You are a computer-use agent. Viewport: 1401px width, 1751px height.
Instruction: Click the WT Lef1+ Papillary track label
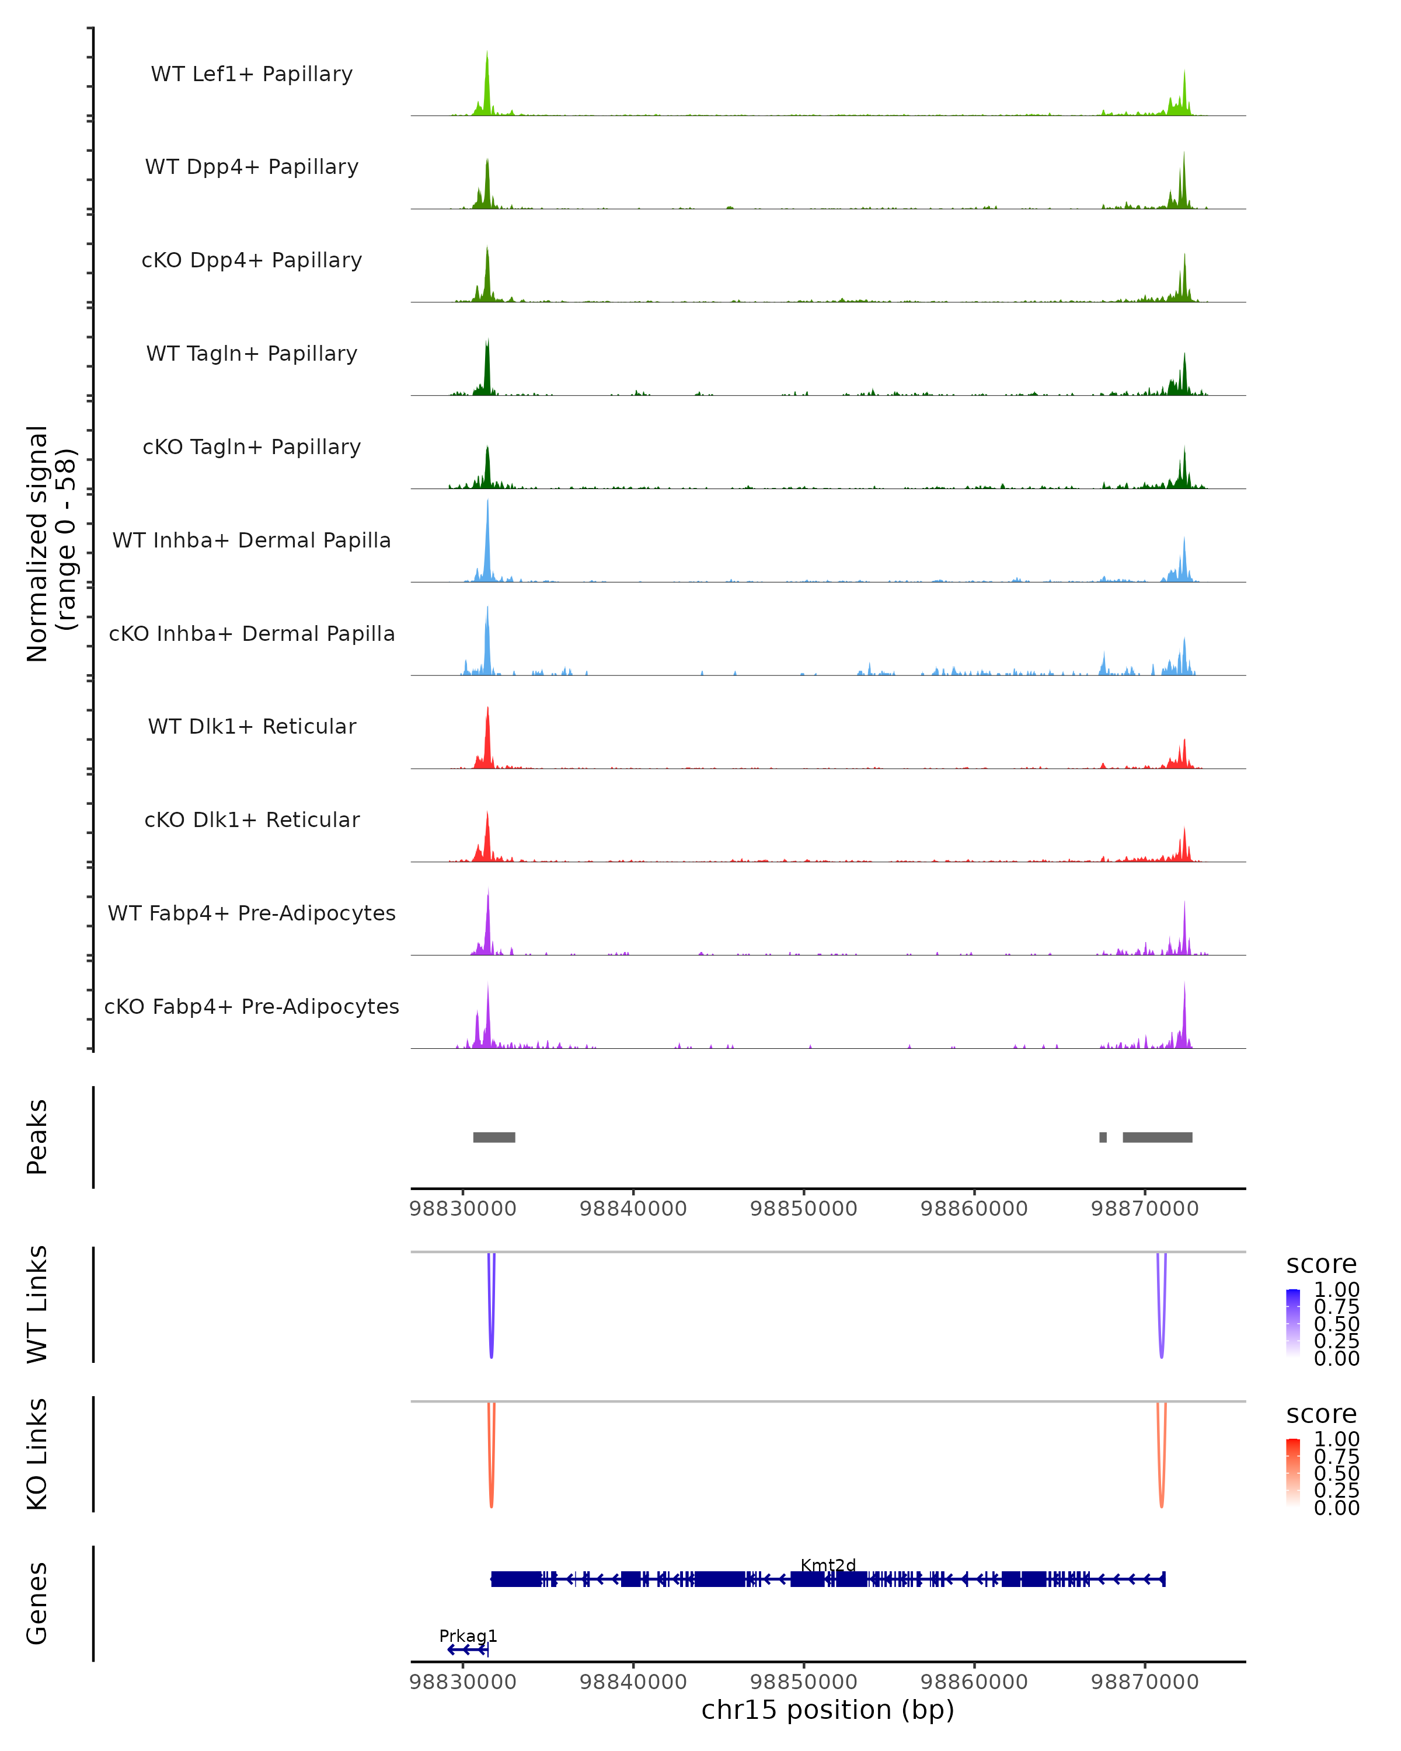tap(252, 75)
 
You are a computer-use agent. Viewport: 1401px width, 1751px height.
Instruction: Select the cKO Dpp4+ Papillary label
tap(252, 261)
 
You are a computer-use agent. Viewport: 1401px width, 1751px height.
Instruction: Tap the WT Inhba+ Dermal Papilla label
tap(252, 541)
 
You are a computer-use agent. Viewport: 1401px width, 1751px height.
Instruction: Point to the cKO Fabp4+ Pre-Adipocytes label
tap(252, 1007)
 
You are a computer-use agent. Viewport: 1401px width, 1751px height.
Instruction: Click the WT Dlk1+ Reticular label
tap(252, 727)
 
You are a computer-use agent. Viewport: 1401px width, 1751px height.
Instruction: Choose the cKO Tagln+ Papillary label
tap(252, 448)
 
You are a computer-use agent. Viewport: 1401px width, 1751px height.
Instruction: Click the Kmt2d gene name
tap(828, 1565)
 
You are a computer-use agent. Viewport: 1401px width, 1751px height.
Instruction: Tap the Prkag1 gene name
tap(468, 1635)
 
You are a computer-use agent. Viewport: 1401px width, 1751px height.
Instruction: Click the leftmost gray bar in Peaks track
tap(494, 1137)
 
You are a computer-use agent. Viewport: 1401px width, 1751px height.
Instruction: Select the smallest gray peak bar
tap(1102, 1137)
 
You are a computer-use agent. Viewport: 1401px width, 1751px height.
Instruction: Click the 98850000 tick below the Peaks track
tap(803, 1209)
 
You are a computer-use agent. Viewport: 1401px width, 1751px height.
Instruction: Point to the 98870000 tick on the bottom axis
tap(1144, 1682)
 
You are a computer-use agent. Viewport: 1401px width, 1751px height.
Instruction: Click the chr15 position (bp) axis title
tap(828, 1710)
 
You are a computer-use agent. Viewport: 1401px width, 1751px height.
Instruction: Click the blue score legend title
tap(1322, 1265)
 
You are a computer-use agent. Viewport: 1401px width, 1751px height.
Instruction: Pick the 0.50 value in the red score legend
tap(1336, 1473)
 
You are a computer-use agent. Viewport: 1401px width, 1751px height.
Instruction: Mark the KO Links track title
tap(37, 1454)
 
